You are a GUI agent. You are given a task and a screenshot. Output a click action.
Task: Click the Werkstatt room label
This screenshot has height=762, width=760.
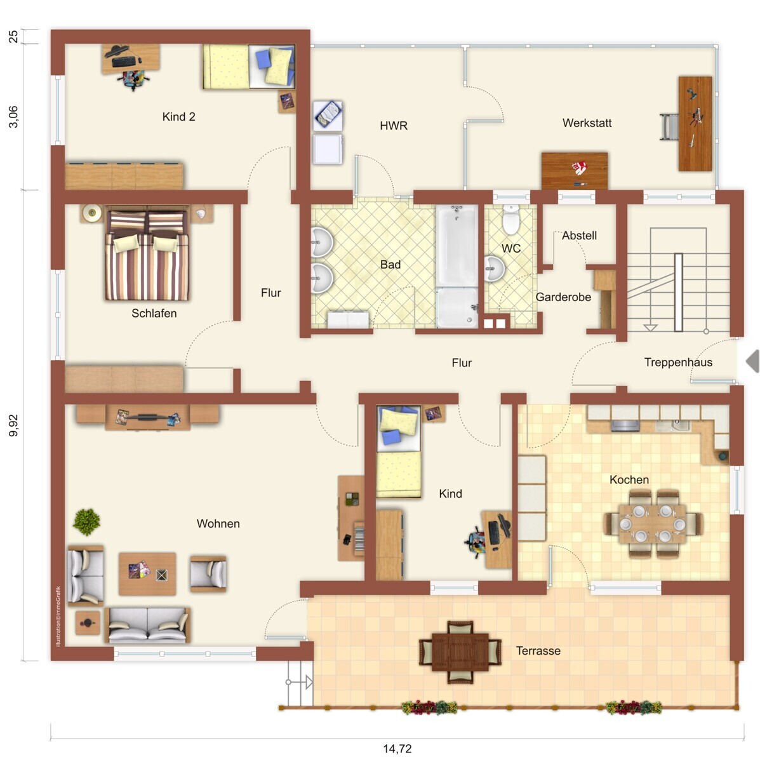tap(587, 123)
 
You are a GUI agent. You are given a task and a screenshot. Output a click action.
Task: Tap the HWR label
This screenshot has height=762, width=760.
tap(394, 126)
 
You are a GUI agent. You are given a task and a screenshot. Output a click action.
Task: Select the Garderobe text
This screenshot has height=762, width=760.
tap(563, 297)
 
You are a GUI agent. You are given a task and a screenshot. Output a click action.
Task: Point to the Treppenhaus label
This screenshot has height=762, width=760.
tap(678, 362)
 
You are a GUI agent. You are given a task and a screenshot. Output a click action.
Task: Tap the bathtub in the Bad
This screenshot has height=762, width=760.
tap(457, 245)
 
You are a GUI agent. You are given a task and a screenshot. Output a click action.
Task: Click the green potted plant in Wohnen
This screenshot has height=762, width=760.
tap(86, 521)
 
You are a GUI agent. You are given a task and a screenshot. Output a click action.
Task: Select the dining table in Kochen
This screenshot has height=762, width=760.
tap(653, 523)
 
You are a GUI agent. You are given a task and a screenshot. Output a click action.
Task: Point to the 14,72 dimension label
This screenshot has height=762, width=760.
tap(397, 749)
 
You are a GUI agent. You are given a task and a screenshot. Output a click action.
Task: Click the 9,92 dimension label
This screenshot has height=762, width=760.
tap(13, 425)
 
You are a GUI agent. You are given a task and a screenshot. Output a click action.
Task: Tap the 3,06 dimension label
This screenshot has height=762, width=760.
tap(13, 117)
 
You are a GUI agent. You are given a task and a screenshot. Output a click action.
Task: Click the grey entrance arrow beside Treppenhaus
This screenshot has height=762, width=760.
tap(752, 361)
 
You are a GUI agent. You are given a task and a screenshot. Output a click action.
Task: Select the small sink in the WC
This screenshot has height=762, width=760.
tap(494, 269)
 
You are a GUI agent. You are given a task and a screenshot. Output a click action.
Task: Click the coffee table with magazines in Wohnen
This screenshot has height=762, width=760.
tap(147, 574)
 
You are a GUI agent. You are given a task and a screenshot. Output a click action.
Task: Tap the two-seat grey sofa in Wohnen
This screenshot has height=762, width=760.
tap(147, 625)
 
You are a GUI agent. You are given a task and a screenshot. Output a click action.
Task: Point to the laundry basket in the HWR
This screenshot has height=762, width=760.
tap(328, 116)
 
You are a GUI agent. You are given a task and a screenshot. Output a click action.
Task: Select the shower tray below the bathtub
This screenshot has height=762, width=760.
tap(457, 307)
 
